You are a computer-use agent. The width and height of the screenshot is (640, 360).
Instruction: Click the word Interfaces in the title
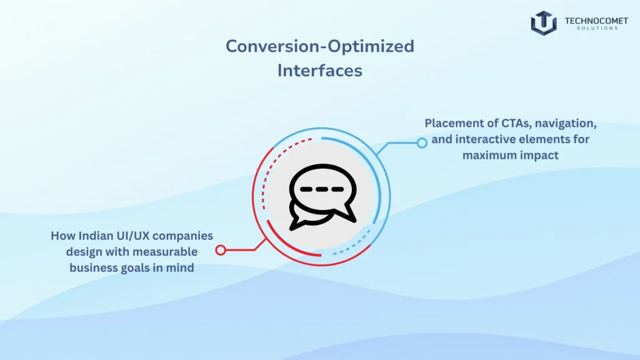(x=319, y=71)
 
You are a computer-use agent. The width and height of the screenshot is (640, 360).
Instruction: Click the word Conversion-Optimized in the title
(x=319, y=46)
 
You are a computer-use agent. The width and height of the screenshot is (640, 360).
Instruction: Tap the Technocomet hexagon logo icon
(x=544, y=22)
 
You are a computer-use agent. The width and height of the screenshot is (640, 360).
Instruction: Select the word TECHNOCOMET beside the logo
(x=596, y=21)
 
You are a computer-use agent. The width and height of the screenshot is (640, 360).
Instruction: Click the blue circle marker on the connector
(x=422, y=142)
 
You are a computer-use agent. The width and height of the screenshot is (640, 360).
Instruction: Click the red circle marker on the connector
(x=220, y=250)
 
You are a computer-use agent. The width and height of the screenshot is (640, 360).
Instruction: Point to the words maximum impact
(x=511, y=154)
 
